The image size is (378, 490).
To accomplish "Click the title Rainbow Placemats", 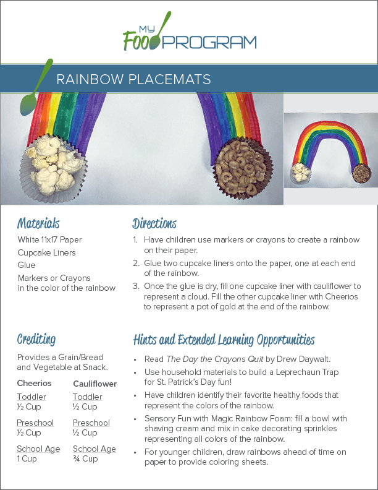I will [133, 79].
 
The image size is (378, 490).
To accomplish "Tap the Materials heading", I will [38, 223].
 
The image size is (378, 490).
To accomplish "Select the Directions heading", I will [154, 223].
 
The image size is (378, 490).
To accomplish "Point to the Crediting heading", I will [36, 339].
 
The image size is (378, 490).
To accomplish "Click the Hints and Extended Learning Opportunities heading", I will [224, 340].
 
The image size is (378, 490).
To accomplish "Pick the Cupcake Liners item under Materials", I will [46, 252].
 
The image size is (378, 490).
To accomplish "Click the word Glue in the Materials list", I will [27, 265].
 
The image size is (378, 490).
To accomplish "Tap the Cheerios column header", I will [34, 384].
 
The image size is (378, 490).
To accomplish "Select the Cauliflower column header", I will [94, 384].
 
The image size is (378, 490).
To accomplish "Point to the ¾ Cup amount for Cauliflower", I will [85, 459].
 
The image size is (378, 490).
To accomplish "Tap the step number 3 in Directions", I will [136, 286].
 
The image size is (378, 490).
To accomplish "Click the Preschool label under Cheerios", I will [35, 423].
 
